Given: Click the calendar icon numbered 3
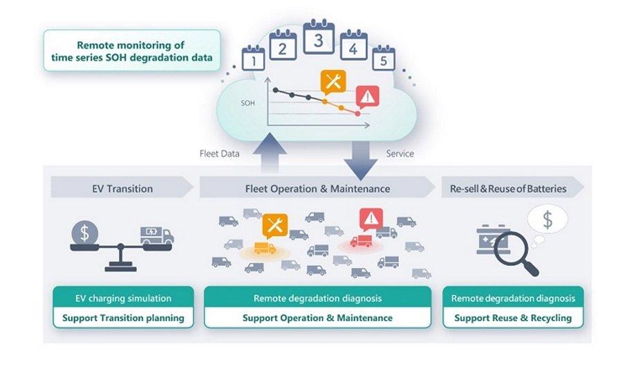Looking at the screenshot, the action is pyautogui.click(x=319, y=37).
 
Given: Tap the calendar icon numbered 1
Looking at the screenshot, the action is pyautogui.click(x=254, y=59).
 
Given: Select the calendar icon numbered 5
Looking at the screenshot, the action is pyautogui.click(x=383, y=58).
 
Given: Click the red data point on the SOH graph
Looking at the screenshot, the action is pyautogui.click(x=357, y=114).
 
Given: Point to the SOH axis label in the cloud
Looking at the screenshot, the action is pyautogui.click(x=247, y=103).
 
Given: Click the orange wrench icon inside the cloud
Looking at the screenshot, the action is pyautogui.click(x=333, y=82).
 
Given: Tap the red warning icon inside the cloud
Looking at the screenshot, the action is pyautogui.click(x=368, y=97).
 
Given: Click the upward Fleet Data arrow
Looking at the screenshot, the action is pyautogui.click(x=270, y=153).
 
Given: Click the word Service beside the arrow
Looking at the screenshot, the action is pyautogui.click(x=400, y=154).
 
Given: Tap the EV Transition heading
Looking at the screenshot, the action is pyautogui.click(x=122, y=188).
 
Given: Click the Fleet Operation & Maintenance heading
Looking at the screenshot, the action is pyautogui.click(x=317, y=188).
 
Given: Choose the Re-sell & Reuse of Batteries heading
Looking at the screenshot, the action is pyautogui.click(x=508, y=188).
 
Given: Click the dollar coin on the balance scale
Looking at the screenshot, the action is pyautogui.click(x=85, y=233).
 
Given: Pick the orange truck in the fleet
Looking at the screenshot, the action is pyautogui.click(x=265, y=248).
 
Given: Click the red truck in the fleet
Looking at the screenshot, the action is pyautogui.click(x=361, y=241).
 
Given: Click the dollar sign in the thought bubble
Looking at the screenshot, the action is pyautogui.click(x=548, y=220).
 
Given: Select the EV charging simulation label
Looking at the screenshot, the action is pyautogui.click(x=123, y=298).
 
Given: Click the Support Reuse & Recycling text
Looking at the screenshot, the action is pyautogui.click(x=513, y=318).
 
